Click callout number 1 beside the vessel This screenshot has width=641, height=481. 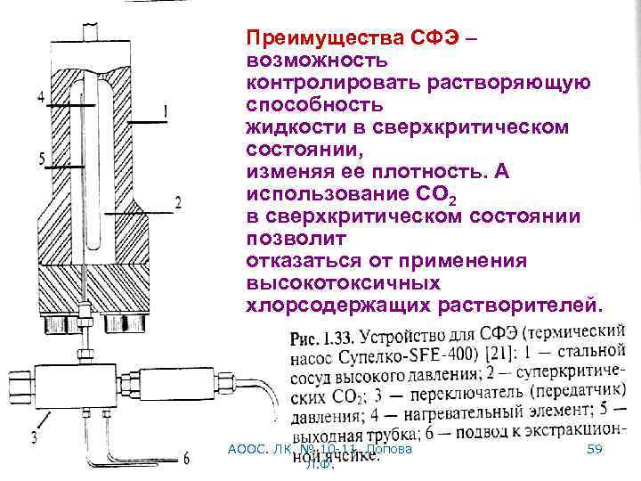click(166, 111)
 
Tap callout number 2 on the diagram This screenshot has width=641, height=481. click(178, 204)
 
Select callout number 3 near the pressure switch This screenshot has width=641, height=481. click(34, 436)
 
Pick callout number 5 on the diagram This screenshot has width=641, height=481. click(41, 159)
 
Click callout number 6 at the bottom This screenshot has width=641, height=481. click(185, 460)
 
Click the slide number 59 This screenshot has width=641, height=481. click(595, 451)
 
